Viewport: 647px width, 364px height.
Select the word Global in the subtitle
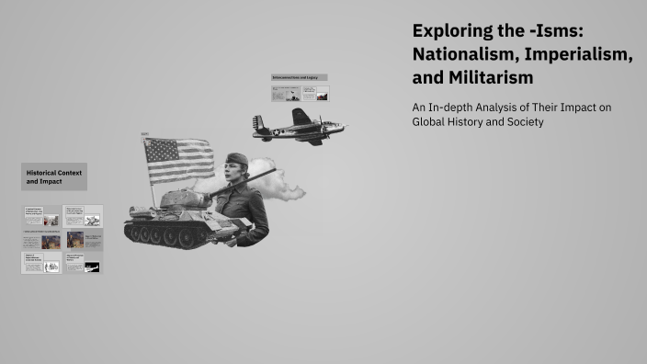pyautogui.click(x=431, y=122)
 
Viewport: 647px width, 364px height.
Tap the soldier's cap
pyautogui.click(x=237, y=158)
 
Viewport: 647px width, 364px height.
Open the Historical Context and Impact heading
pyautogui.click(x=54, y=176)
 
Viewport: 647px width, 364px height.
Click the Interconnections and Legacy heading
pyautogui.click(x=300, y=77)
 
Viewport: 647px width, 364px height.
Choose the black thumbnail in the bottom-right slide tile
pyautogui.click(x=93, y=267)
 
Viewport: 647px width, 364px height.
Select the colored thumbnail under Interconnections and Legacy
pyautogui.click(x=321, y=93)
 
